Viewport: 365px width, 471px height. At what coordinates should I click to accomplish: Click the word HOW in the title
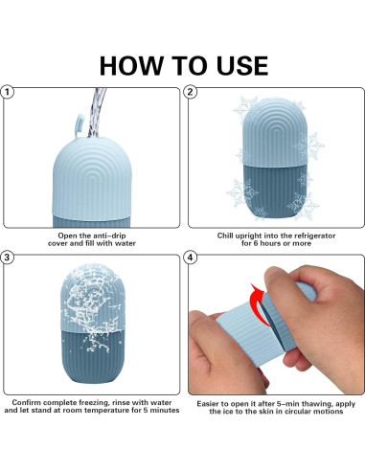pos(131,66)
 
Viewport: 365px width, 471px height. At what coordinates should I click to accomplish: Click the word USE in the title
pos(242,66)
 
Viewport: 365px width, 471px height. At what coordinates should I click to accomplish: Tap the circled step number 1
pos(7,93)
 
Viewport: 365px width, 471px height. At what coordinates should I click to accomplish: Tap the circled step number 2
pos(190,92)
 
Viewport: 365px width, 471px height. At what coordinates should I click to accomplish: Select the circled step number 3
pos(7,258)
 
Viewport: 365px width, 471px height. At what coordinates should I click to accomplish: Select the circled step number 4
pos(191,258)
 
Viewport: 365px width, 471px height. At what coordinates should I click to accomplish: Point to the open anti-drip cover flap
pos(80,125)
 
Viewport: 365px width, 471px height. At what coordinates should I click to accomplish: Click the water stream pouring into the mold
pos(97,112)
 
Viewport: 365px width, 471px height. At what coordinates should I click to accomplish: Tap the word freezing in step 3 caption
pos(94,403)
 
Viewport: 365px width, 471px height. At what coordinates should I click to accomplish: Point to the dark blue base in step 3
pos(93,356)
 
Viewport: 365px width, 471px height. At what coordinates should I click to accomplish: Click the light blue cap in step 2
pos(275,132)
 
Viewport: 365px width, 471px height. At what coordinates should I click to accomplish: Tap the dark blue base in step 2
pos(275,191)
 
